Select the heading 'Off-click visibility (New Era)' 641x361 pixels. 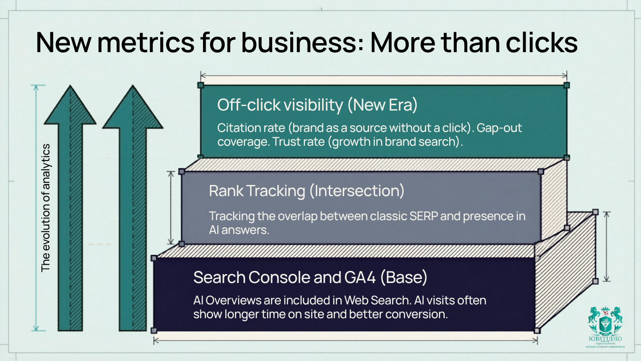pos(317,105)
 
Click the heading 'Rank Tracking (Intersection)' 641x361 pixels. pos(307,191)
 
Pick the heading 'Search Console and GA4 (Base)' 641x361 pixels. pos(310,277)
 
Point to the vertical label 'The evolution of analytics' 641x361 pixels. pos(46,208)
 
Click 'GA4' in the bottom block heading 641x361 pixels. pos(360,277)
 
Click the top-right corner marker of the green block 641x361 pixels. pos(567,85)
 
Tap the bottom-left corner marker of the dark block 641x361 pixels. pos(154,330)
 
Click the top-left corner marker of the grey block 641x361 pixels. pos(182,172)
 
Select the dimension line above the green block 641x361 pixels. pos(383,76)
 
